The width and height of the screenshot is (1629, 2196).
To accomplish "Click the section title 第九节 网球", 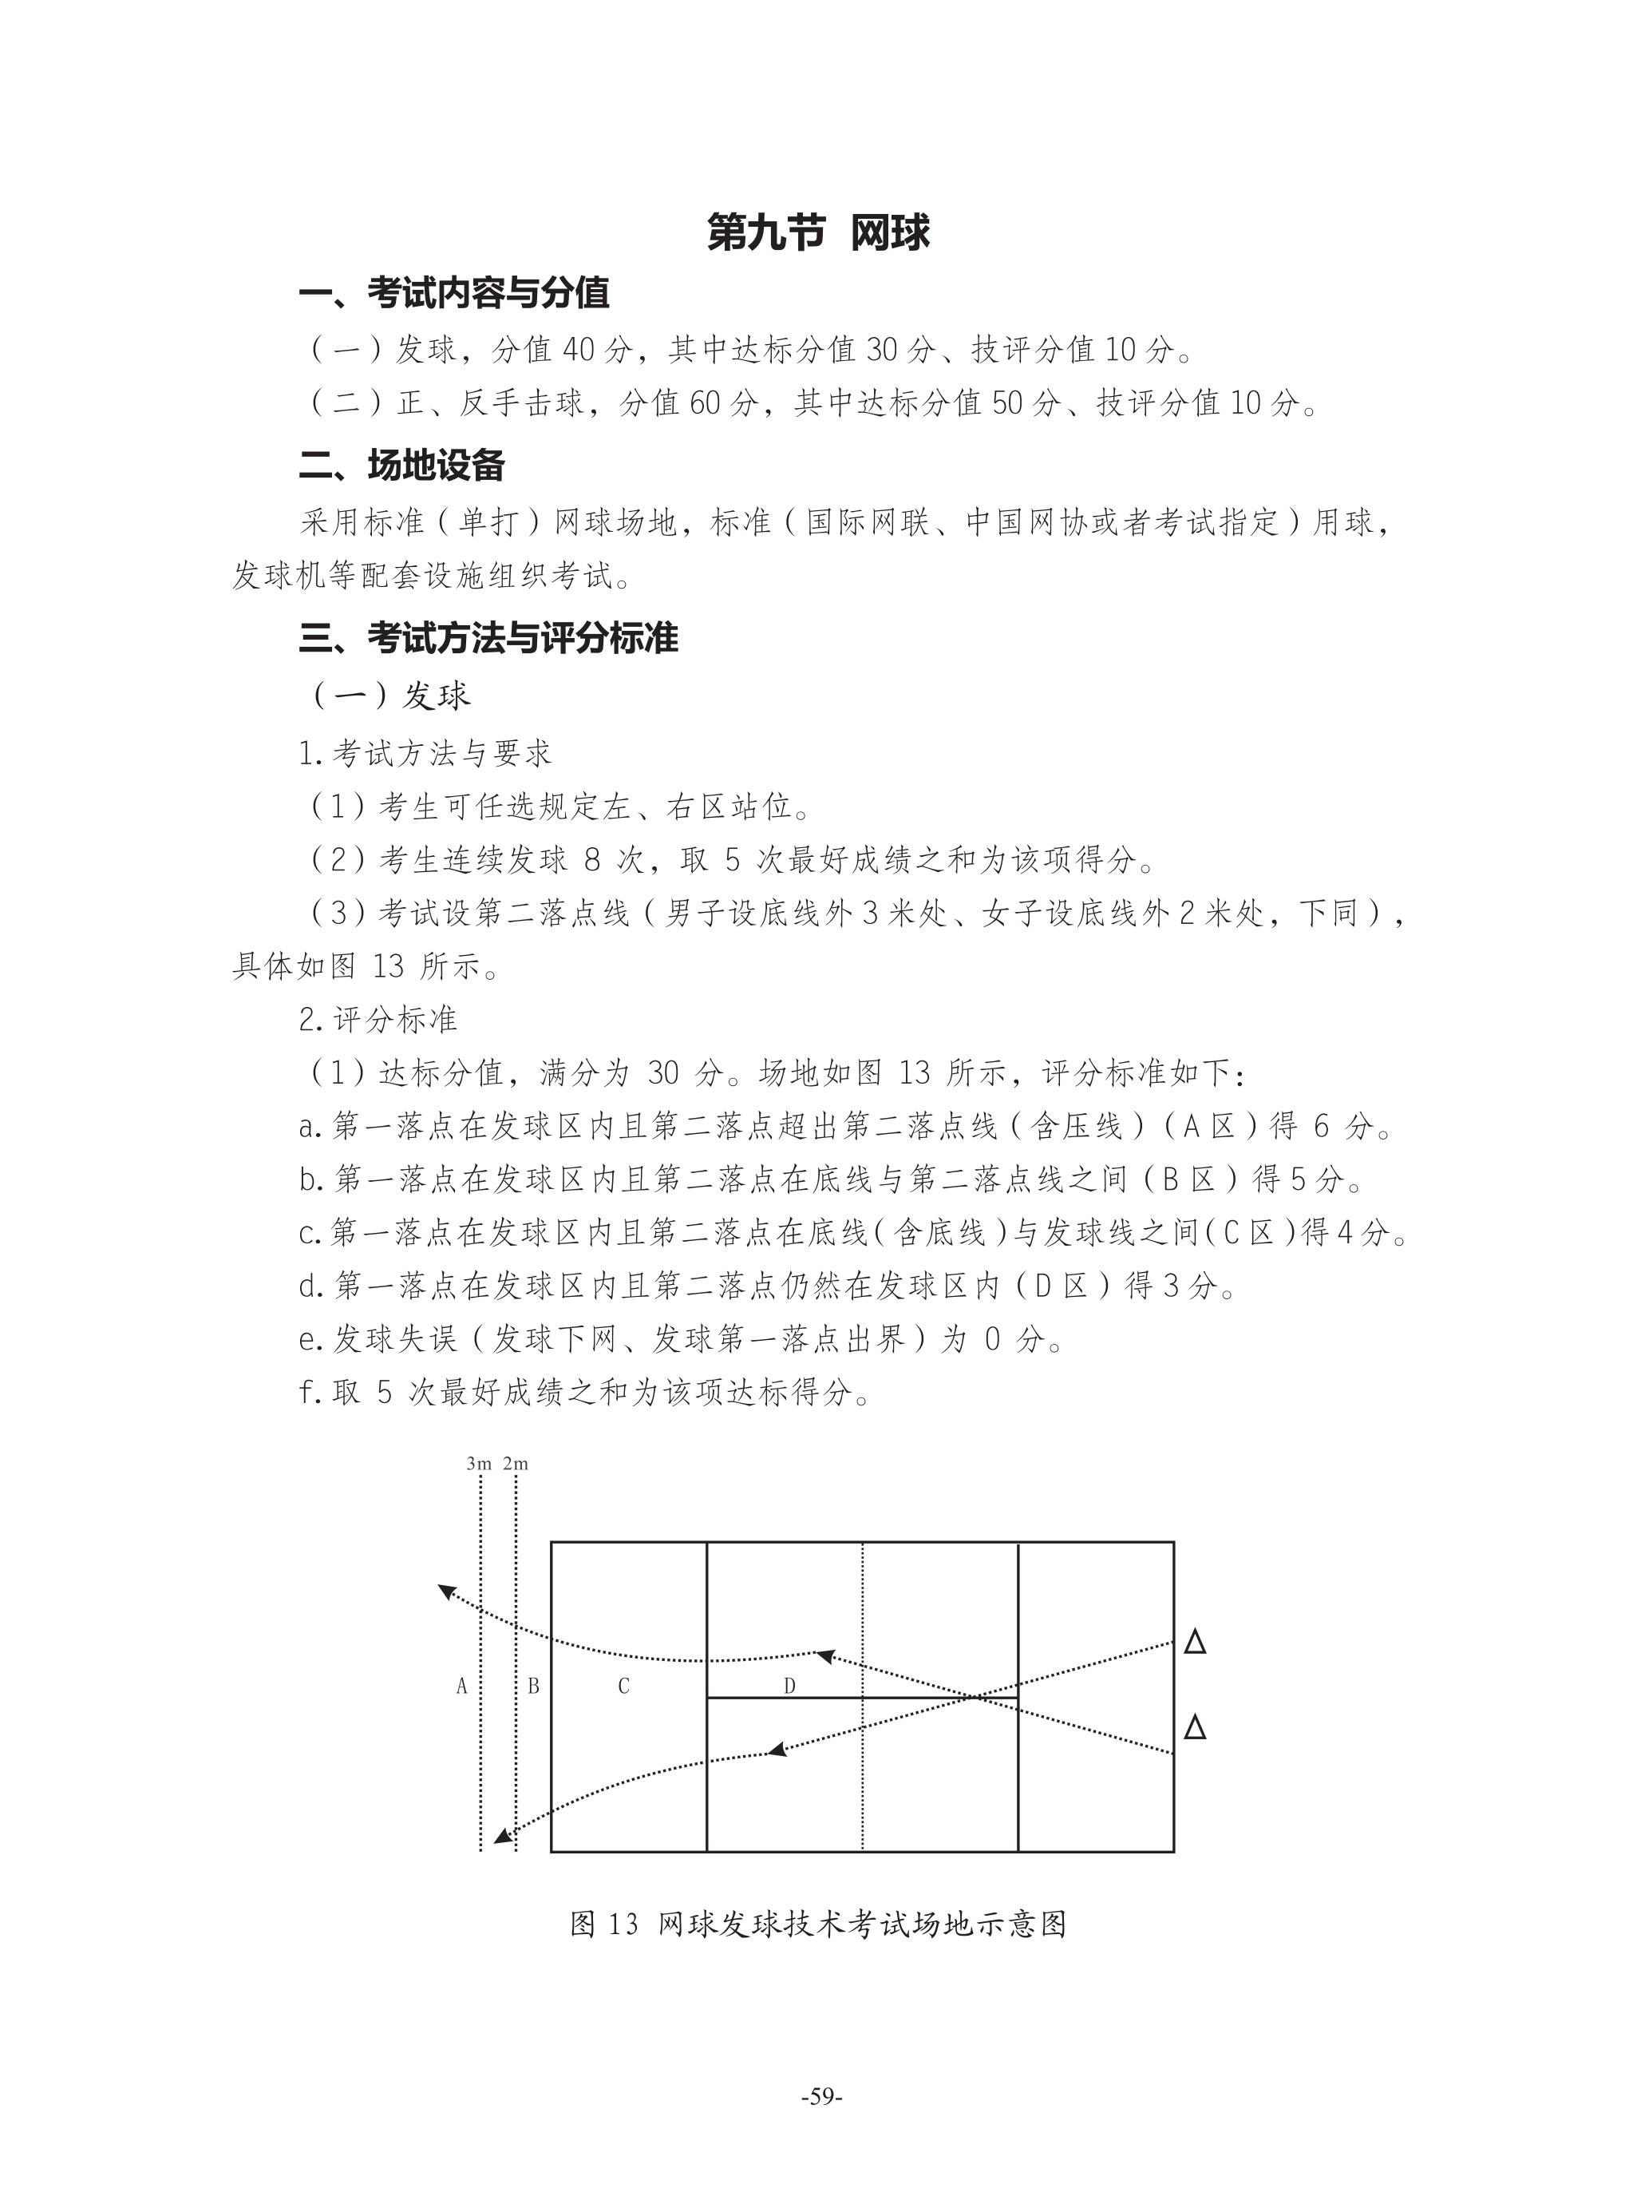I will (818, 234).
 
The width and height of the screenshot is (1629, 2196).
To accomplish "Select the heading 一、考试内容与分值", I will (455, 293).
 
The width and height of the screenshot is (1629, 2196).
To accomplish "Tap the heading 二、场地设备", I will (402, 466).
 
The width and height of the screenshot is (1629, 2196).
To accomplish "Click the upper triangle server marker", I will (1194, 1643).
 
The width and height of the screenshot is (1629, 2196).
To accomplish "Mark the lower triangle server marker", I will (1194, 1727).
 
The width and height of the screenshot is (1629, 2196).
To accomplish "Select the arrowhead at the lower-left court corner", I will (503, 1836).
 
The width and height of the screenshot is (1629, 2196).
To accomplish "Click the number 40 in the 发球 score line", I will (582, 348).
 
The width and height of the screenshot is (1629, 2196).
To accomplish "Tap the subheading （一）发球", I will (391, 696).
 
